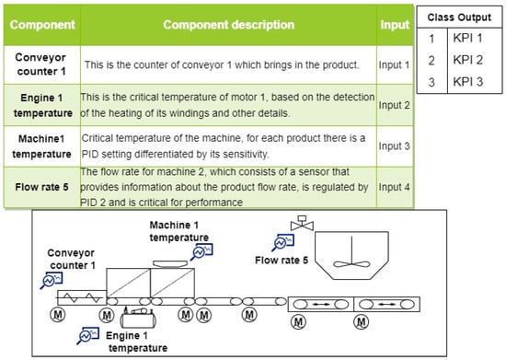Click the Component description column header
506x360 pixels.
click(x=228, y=25)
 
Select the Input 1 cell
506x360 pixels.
click(x=394, y=64)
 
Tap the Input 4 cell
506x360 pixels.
click(x=394, y=187)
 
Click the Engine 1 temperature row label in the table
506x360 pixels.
click(x=42, y=105)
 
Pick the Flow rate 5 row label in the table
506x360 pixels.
click(x=41, y=187)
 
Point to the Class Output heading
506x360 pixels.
click(x=459, y=17)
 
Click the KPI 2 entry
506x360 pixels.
click(x=468, y=60)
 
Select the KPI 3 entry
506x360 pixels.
click(x=468, y=82)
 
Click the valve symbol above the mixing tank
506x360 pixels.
click(x=302, y=223)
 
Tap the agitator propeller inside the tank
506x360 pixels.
click(x=351, y=263)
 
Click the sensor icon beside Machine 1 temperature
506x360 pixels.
click(x=201, y=251)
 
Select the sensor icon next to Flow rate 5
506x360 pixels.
click(x=282, y=242)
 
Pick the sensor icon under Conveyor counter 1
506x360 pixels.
click(x=52, y=280)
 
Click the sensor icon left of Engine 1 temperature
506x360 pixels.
click(x=87, y=335)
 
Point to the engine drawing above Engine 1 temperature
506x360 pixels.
click(x=138, y=318)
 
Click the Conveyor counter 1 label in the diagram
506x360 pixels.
click(x=71, y=259)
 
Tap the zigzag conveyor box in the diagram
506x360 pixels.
click(x=82, y=297)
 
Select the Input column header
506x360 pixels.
click(x=395, y=25)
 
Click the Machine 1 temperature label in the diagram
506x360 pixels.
click(x=179, y=231)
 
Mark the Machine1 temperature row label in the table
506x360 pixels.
click(x=41, y=146)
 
